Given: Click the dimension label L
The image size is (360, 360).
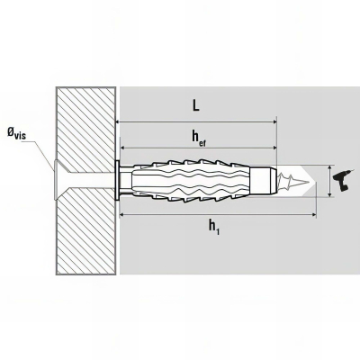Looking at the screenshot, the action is click(195, 106).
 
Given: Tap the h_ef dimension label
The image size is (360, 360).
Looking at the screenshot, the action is click(199, 138).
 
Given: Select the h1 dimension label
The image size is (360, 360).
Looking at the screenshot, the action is click(214, 226).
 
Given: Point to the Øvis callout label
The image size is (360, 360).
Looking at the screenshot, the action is click(16, 132).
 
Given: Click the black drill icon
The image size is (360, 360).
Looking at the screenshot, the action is click(341, 181).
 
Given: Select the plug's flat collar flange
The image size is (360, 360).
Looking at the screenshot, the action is click(117, 181).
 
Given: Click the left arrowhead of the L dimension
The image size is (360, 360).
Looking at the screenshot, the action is click(118, 122).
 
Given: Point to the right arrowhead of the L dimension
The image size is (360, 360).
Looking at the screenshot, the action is click(274, 122).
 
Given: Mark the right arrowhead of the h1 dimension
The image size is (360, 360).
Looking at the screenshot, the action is click(314, 214).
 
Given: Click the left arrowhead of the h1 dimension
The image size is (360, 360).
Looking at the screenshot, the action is click(122, 214).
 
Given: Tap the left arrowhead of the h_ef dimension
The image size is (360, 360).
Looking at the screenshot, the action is click(122, 148).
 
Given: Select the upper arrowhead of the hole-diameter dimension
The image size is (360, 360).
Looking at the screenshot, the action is click(330, 168).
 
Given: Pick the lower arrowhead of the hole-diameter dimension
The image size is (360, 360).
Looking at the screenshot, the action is click(330, 194).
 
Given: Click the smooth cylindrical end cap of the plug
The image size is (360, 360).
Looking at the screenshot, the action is click(265, 181).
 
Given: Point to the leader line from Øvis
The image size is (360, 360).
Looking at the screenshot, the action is click(40, 151).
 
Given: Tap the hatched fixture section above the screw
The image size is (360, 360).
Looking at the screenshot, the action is click(85, 125).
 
